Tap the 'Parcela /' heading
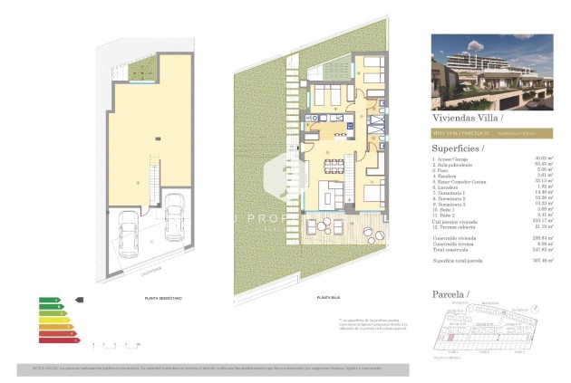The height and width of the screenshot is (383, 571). pyautogui.click(x=450, y=295)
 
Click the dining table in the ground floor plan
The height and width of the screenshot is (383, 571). pyautogui.click(x=333, y=165)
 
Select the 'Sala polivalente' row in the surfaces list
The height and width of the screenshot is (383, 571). pyautogui.click(x=454, y=165)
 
